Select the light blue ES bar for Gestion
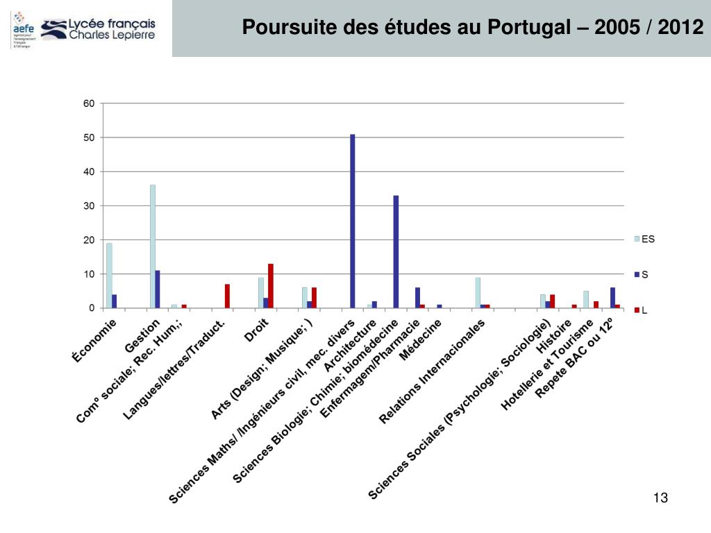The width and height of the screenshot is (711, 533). click(153, 246)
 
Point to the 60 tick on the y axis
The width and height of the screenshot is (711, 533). click(89, 103)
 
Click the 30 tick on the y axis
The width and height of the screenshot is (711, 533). click(89, 206)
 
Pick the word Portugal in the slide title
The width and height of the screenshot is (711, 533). click(520, 28)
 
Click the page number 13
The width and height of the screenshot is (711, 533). click(660, 498)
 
